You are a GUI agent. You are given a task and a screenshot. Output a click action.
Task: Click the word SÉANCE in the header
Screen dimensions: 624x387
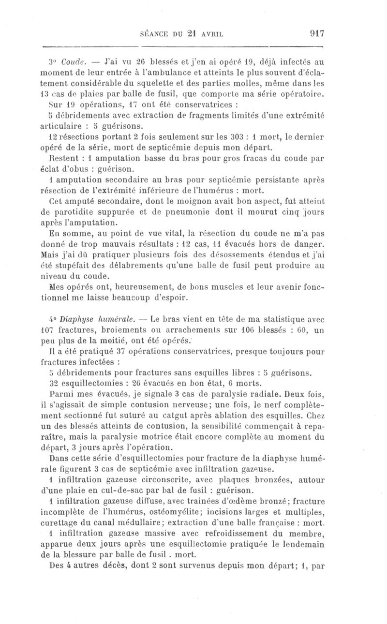[x=154, y=34]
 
